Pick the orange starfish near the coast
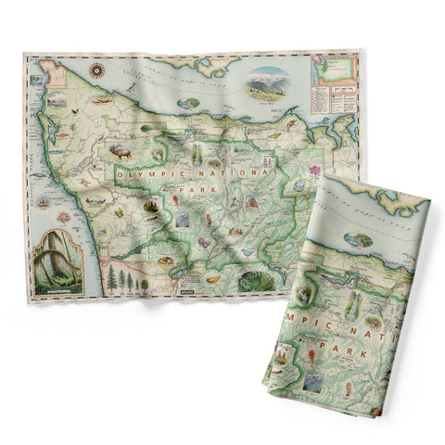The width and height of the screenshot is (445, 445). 64,218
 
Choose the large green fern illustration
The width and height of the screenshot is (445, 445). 251,280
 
